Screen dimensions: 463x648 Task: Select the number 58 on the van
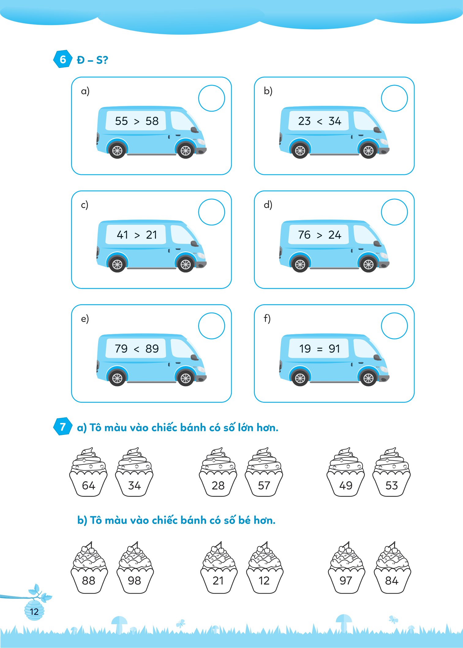[152, 121]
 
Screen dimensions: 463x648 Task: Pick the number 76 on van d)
[304, 235]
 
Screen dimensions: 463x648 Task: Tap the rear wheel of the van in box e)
[117, 378]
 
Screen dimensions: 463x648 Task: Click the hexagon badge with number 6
[63, 59]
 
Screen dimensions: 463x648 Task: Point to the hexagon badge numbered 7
[63, 427]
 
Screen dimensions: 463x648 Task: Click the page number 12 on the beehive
[34, 612]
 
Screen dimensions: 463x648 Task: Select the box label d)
[268, 204]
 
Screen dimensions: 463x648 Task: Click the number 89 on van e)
[152, 349]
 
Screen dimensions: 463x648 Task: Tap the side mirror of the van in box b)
[378, 130]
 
